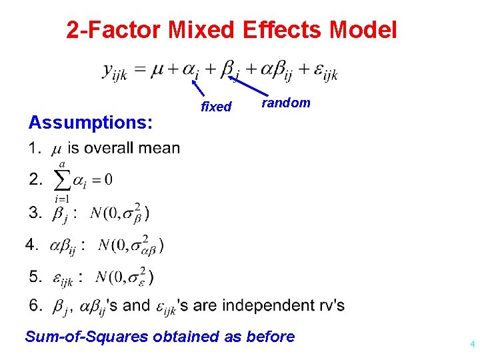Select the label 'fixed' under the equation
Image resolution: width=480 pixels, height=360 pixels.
point(216,107)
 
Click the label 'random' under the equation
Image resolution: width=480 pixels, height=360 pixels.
point(286,103)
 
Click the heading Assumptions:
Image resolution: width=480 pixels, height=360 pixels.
point(90,123)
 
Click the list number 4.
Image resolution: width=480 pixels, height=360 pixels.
point(31,245)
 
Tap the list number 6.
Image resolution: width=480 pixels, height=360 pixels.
point(35,305)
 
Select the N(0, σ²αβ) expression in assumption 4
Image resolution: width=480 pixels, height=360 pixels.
point(131,244)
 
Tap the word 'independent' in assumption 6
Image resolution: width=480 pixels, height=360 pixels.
point(265,305)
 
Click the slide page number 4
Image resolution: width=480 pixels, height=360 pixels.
point(472,345)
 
